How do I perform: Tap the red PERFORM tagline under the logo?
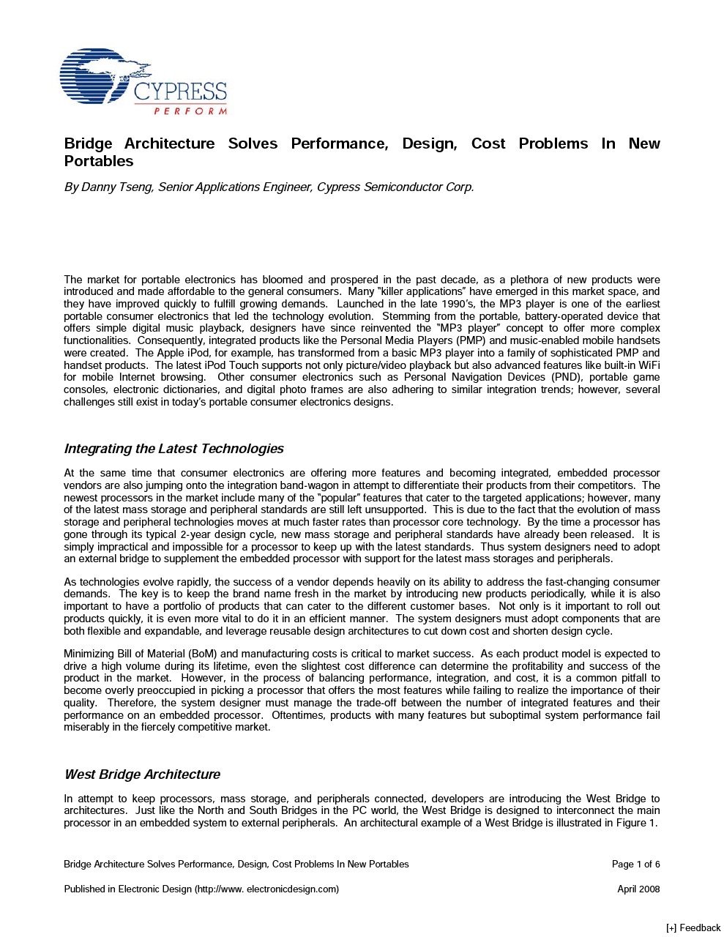point(190,111)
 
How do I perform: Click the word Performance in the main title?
point(339,143)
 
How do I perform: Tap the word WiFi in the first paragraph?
point(649,365)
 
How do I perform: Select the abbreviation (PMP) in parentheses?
point(471,340)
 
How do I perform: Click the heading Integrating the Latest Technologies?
point(173,449)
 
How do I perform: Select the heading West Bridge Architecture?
point(142,774)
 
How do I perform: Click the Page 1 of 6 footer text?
point(635,865)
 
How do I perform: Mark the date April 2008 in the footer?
point(638,889)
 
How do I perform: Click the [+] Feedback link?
point(693,928)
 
